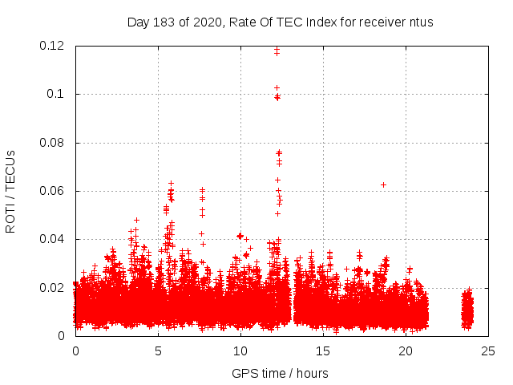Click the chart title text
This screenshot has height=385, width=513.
(280, 22)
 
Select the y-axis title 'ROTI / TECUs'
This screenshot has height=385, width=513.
(10, 191)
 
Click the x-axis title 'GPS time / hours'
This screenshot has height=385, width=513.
(280, 373)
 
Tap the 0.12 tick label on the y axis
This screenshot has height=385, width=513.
(52, 46)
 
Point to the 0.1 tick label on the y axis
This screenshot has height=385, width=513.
(55, 94)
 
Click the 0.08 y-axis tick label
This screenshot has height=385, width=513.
(52, 143)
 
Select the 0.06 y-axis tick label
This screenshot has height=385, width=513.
(52, 191)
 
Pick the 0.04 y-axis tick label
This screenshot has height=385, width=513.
(52, 239)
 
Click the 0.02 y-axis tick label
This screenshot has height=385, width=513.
(52, 287)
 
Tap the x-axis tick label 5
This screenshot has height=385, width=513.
(158, 351)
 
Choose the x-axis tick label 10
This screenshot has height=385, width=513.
(240, 351)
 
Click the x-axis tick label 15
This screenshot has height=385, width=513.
(323, 351)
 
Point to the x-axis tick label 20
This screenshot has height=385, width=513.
(406, 351)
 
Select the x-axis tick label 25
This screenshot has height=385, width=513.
(488, 351)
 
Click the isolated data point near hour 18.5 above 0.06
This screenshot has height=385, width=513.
(383, 184)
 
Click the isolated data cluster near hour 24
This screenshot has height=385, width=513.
(467, 310)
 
